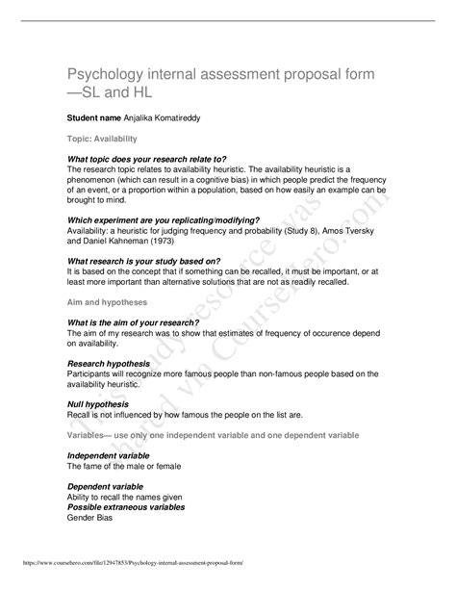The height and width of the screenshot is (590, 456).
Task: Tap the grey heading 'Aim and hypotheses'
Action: [108, 301]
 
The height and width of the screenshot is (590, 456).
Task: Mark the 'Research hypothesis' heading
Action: [109, 363]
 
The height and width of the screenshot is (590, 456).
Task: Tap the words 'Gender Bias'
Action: [89, 518]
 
